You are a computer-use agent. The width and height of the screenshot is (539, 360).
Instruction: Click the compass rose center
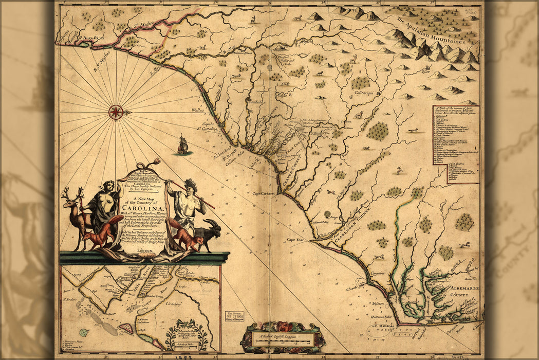pyautogui.click(x=116, y=112)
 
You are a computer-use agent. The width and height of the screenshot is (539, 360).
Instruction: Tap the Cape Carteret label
pyautogui.click(x=264, y=193)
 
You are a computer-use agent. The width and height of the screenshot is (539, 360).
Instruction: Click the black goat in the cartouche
pyautogui.click(x=209, y=235)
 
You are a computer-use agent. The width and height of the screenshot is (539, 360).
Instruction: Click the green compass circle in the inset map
pyautogui.click(x=84, y=333)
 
